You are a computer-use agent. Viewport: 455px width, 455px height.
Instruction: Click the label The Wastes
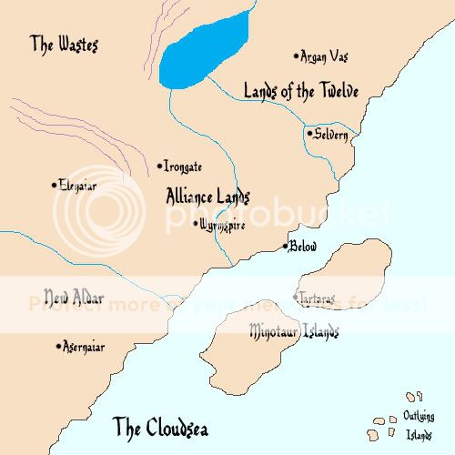click(63, 43)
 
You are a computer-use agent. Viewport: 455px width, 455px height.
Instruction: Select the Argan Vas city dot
click(296, 56)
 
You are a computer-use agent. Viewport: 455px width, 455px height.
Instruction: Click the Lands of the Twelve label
click(300, 91)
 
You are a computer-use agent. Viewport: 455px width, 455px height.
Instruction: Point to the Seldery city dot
click(308, 134)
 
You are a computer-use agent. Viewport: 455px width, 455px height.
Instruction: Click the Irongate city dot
click(159, 166)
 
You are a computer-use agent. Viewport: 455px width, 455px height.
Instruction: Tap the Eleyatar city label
click(78, 185)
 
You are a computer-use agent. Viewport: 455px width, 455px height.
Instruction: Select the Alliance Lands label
click(208, 195)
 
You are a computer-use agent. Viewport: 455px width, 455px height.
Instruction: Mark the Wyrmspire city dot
click(194, 221)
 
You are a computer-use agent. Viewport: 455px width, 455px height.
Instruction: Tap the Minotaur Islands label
click(293, 331)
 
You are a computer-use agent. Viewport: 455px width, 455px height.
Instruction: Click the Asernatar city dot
click(60, 346)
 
